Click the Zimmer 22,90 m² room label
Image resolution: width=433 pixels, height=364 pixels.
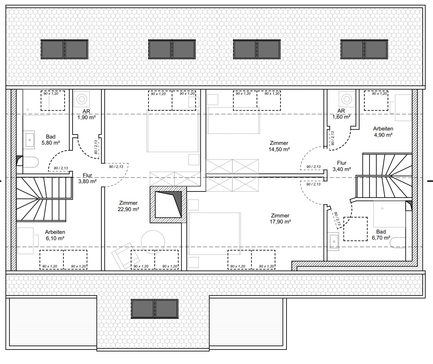tap(128, 206)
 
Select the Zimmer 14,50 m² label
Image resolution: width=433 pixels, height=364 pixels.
tap(279, 146)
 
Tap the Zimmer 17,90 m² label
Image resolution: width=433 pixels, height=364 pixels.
tap(280, 219)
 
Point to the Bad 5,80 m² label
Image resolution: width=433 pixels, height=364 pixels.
tap(51, 140)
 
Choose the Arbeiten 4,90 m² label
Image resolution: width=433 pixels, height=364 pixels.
tap(383, 132)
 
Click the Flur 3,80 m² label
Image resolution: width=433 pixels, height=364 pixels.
tap(87, 178)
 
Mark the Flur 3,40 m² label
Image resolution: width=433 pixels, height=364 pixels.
tap(341, 166)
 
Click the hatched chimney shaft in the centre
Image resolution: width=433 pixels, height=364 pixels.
tap(168, 204)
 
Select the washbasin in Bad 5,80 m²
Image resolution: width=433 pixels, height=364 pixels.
tap(29, 140)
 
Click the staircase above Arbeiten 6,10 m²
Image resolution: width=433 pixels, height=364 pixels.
tap(43, 199)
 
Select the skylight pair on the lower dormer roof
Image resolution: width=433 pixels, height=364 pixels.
tap(155, 308)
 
